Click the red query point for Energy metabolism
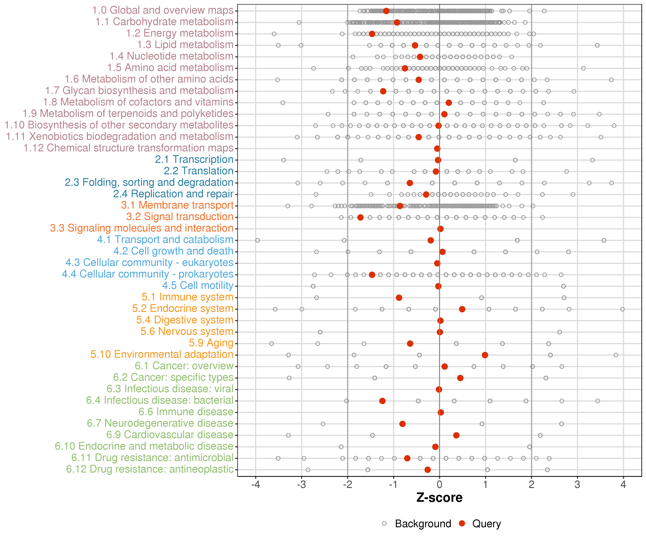click(372, 34)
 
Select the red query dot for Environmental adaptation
click(485, 355)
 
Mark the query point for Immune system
click(399, 298)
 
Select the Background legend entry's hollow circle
click(385, 523)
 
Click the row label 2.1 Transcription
click(194, 160)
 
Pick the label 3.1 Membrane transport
click(177, 205)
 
